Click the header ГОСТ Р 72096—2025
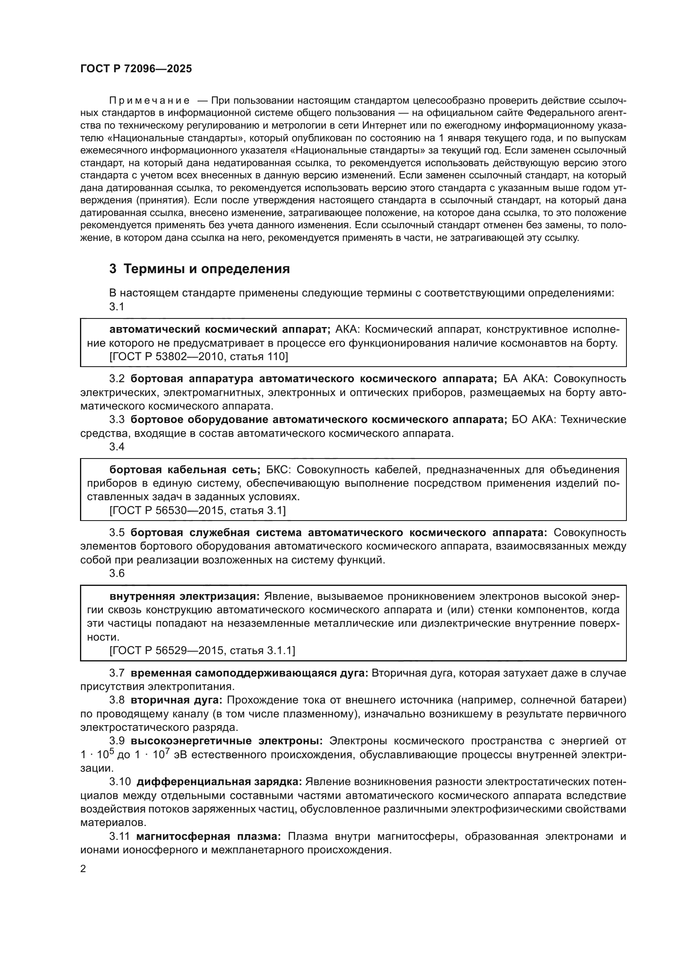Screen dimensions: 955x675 (x=136, y=69)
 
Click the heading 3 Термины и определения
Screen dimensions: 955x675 (x=200, y=269)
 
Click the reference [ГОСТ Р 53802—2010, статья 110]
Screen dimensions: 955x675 (x=198, y=356)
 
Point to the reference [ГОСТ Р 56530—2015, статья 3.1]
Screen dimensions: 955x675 (x=198, y=510)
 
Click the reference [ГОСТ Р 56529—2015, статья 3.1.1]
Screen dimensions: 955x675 (x=202, y=650)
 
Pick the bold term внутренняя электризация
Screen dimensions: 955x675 (x=184, y=597)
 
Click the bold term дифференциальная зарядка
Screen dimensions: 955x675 (x=219, y=782)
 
